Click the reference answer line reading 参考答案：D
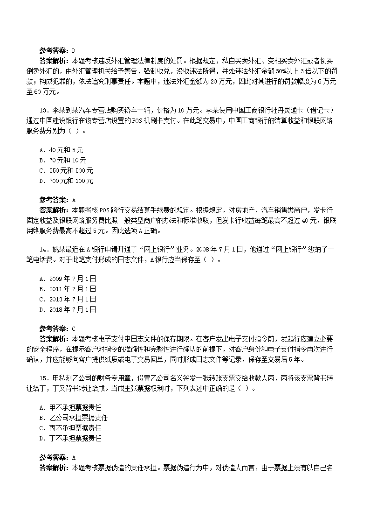tap(57, 50)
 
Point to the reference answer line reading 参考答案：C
tap(57, 329)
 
